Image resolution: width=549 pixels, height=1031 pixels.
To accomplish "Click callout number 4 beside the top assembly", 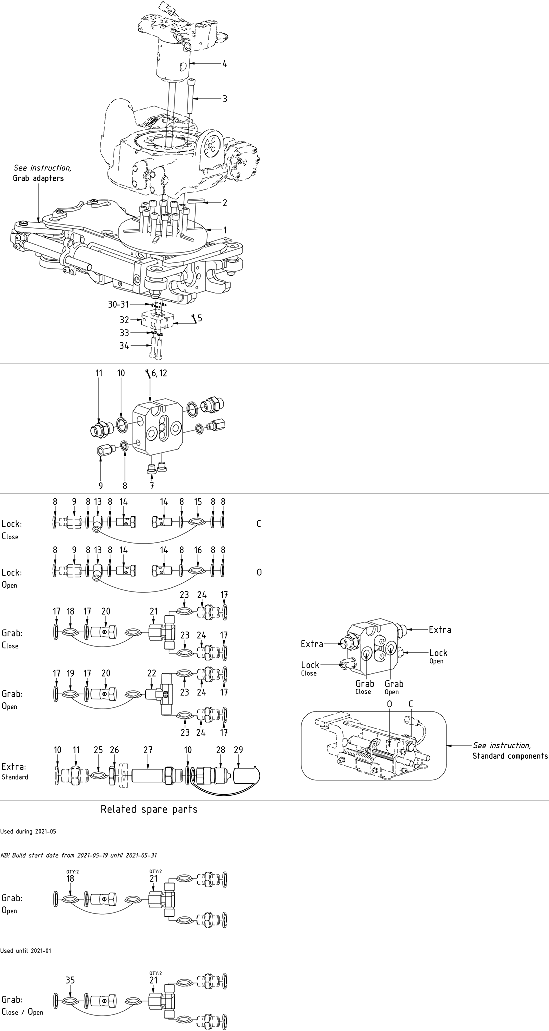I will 225,64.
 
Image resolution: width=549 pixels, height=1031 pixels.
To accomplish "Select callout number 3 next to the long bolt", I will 225,99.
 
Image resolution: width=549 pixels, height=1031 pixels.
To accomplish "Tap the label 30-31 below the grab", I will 118,304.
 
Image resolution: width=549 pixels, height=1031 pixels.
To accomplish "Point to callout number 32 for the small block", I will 124,320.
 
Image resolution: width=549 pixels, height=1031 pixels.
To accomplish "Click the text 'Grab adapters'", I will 38,178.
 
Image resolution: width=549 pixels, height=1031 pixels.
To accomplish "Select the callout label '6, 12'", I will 159,373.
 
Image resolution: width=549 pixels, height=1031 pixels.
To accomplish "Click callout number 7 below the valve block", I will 152,485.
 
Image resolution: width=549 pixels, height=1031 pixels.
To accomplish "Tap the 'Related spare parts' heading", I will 149,809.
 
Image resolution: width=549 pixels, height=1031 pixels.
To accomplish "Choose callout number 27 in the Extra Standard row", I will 148,750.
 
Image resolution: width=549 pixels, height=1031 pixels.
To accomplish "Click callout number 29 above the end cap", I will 238,750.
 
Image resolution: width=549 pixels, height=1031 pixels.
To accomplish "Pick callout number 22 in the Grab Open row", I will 152,673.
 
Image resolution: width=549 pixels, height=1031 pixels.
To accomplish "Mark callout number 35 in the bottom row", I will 70,980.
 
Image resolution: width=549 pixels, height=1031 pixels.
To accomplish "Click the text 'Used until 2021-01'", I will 26,951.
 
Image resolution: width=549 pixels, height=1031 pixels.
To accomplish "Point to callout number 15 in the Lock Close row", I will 198,502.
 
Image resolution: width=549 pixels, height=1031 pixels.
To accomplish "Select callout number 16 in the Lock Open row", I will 198,550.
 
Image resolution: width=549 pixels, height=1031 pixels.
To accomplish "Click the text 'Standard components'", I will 510,756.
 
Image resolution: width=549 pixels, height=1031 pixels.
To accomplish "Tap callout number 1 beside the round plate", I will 225,230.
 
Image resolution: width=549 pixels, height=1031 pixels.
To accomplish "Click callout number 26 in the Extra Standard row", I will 114,750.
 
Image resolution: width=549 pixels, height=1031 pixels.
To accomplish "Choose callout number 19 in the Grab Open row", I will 70,673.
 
